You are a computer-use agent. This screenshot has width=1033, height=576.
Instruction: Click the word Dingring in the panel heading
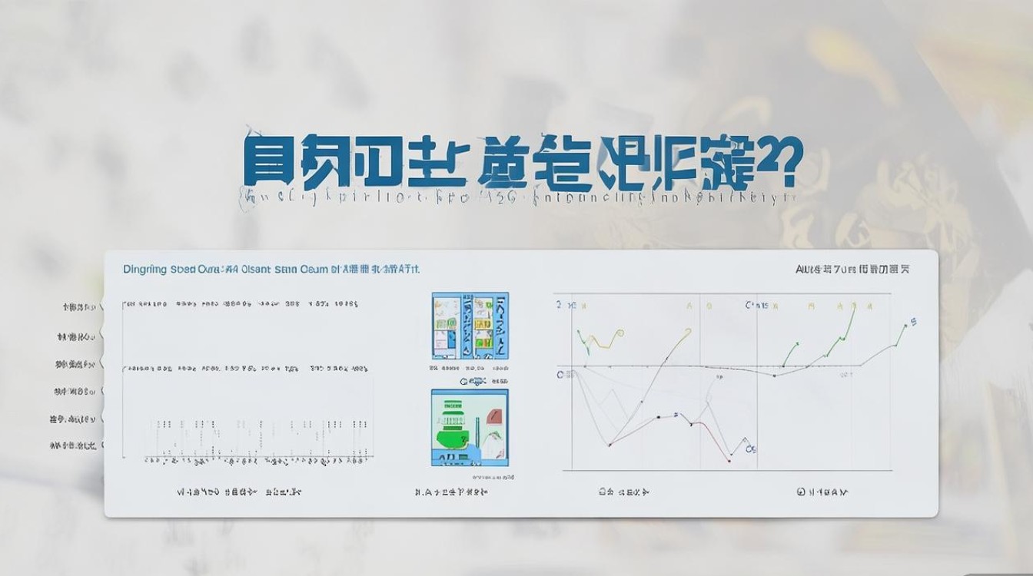click(x=144, y=270)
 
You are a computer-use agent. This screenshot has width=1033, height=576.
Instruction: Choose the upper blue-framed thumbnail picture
click(x=470, y=326)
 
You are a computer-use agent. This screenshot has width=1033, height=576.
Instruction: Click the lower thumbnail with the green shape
click(x=470, y=427)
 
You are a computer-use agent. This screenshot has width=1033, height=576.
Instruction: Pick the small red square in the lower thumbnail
click(x=495, y=417)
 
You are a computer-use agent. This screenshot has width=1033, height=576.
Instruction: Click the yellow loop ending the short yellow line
click(x=619, y=333)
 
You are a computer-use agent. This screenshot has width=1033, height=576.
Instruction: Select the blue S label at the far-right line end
click(x=914, y=321)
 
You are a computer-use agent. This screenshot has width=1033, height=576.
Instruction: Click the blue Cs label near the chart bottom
click(x=752, y=449)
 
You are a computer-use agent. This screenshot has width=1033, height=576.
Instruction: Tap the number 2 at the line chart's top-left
click(x=560, y=305)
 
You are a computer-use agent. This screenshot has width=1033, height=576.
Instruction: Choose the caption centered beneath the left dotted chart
click(x=240, y=491)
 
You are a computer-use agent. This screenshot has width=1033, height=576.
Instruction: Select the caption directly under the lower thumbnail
click(x=450, y=491)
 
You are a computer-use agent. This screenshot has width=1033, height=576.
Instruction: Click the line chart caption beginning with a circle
click(x=823, y=491)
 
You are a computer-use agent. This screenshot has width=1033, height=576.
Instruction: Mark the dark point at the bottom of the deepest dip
click(x=610, y=445)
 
